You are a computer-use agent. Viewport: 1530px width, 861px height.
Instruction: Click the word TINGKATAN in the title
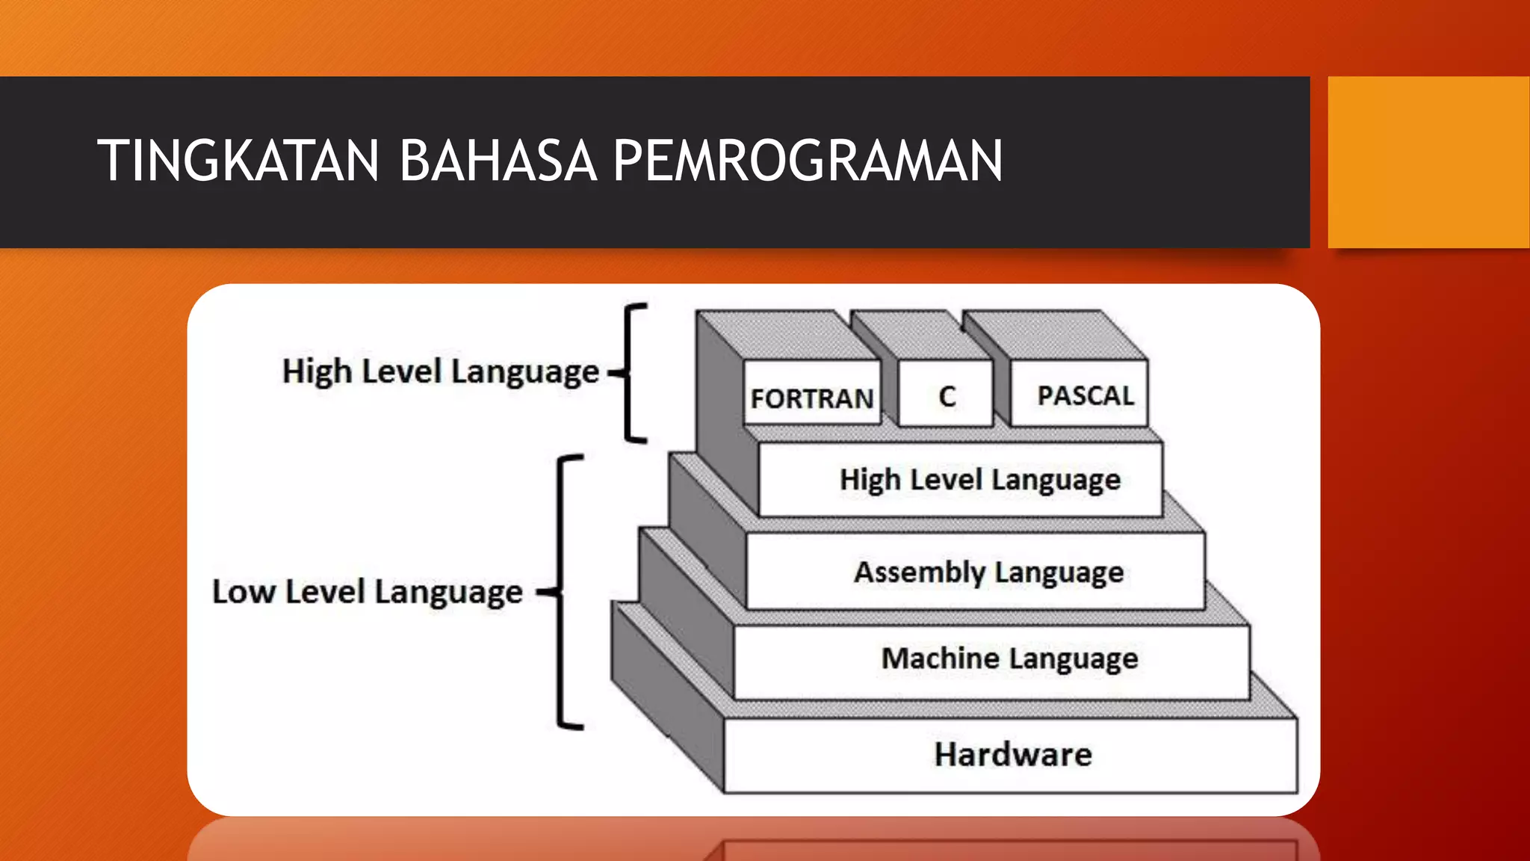[x=238, y=161]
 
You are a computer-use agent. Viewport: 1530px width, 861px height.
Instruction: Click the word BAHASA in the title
[x=498, y=161]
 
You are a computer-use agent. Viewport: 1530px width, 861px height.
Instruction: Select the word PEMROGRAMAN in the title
[x=808, y=161]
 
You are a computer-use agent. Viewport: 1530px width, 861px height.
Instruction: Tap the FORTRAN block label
[x=812, y=398]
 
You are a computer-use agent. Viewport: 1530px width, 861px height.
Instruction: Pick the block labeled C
[x=947, y=396]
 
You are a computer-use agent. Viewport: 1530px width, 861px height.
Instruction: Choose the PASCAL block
[x=1085, y=395]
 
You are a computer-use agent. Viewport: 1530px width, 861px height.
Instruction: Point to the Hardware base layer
[x=1012, y=754]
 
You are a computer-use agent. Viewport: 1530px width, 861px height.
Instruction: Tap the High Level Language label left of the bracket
[x=440, y=371]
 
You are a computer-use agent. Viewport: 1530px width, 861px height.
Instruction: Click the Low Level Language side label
[x=367, y=592]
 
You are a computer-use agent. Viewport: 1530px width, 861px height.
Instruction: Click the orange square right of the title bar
[x=1428, y=162]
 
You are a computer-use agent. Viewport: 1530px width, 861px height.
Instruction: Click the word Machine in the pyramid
[x=940, y=658]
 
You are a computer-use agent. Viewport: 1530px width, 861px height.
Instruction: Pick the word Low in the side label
[x=244, y=592]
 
